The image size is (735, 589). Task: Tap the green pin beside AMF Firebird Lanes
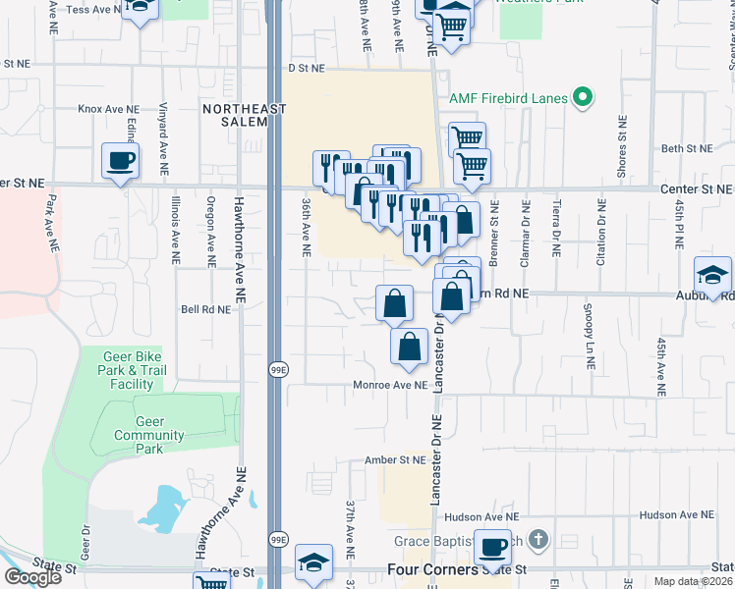583,97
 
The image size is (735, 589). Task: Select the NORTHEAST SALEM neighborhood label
235,114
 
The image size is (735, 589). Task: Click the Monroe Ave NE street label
390,385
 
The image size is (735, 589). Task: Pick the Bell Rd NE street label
205,308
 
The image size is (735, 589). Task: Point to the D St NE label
306,69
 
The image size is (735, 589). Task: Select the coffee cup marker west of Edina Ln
120,161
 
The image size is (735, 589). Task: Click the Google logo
32,576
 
